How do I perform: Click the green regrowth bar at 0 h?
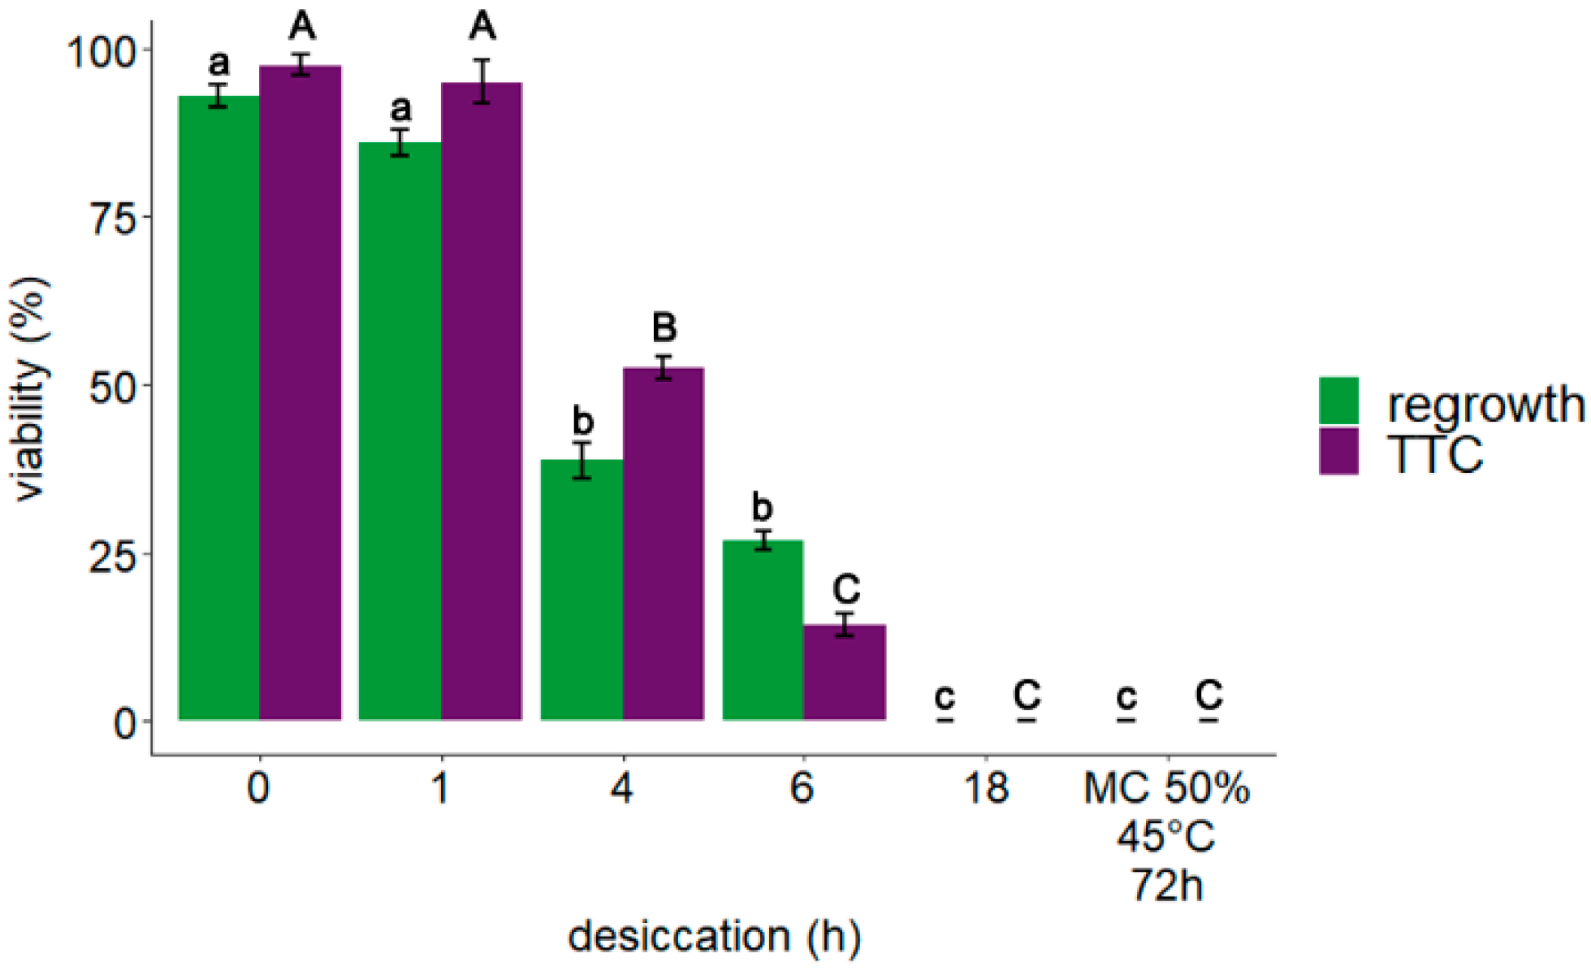[x=219, y=406]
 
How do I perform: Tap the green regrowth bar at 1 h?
[x=400, y=431]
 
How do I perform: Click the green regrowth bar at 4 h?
[x=581, y=589]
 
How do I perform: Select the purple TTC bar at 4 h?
[x=664, y=544]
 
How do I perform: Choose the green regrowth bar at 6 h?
[x=763, y=630]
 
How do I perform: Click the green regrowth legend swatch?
[x=1338, y=401]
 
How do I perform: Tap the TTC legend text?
[x=1435, y=453]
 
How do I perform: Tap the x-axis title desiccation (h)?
[x=714, y=936]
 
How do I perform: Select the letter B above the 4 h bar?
[x=664, y=327]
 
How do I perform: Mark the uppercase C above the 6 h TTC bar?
[x=846, y=588]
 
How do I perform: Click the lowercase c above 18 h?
[x=945, y=696]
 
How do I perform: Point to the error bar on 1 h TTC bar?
[x=482, y=81]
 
